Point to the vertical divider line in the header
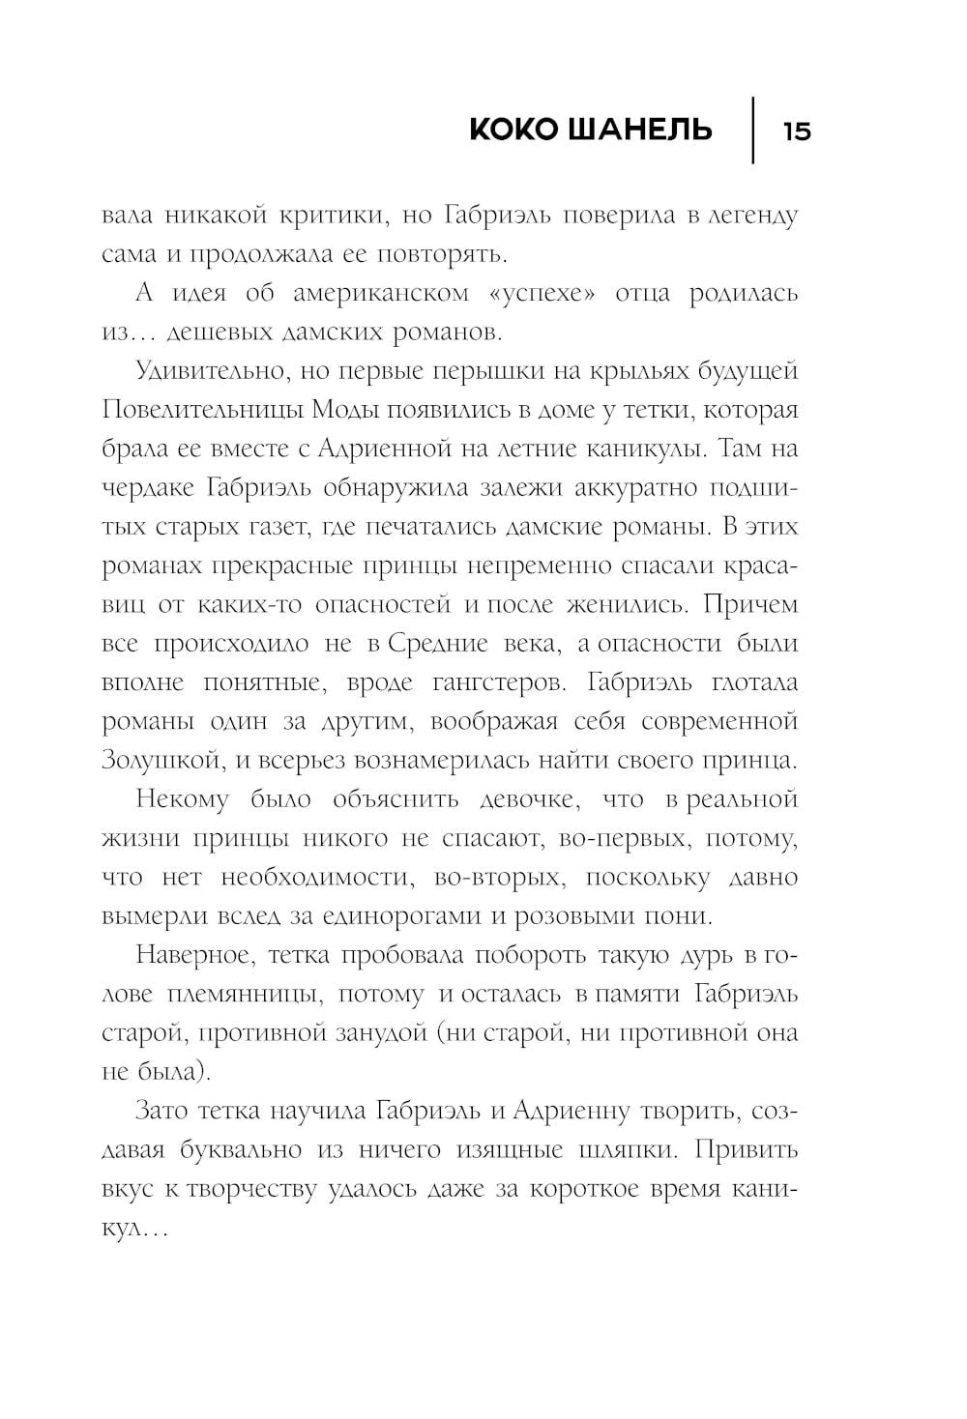pos(753,130)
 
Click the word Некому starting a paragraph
pos(183,799)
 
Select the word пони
pos(683,915)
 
